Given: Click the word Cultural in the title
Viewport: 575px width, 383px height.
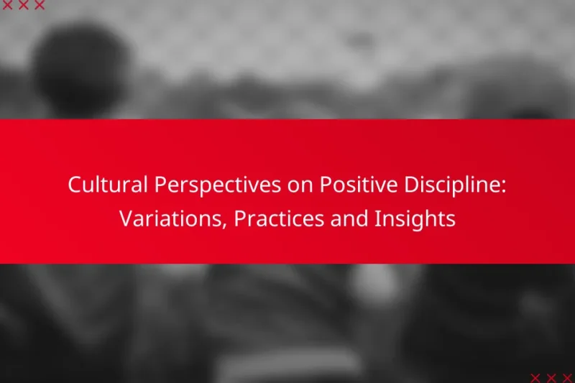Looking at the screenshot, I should coord(101,185).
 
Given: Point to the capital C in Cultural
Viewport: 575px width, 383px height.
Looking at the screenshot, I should coord(74,185).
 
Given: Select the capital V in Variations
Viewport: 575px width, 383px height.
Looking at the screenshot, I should coord(125,219).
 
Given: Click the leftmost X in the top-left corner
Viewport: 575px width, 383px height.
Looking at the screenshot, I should coord(8,6).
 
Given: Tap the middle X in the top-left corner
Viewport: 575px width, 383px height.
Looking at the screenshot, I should coord(24,6).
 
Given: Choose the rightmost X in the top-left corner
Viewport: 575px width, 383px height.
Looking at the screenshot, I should coord(40,6).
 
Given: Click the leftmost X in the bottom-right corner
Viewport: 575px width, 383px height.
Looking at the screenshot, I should coord(535,377).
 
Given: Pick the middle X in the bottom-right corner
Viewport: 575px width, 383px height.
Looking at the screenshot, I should coord(551,377).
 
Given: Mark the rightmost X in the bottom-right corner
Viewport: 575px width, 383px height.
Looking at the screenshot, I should coord(567,377).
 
